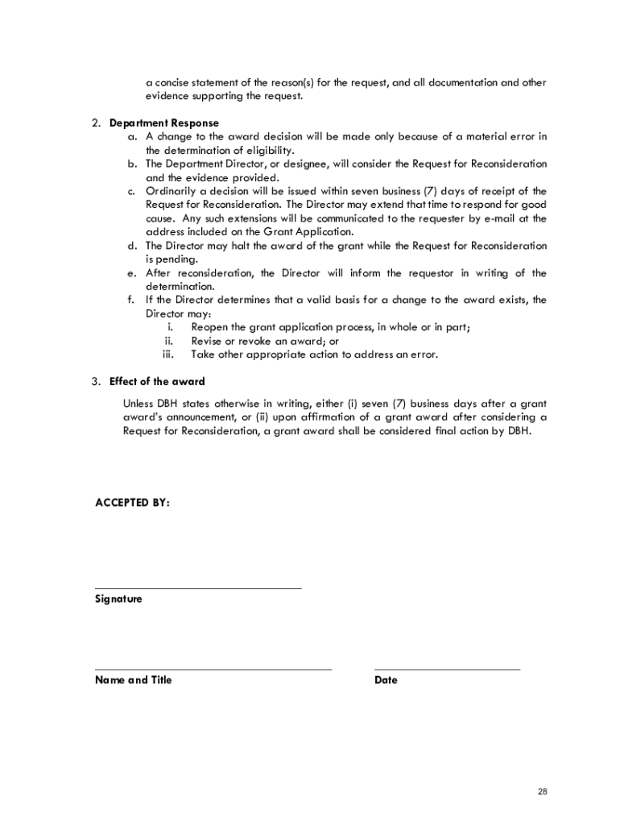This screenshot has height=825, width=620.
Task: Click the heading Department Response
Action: tap(163, 123)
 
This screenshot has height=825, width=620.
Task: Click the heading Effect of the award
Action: tap(157, 381)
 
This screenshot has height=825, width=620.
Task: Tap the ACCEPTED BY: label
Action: tap(132, 503)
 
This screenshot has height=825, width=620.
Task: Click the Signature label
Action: tap(118, 599)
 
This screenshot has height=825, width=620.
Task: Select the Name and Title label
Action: tap(133, 680)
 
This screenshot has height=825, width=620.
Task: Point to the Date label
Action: tap(386, 680)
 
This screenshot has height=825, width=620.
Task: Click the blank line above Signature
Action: tap(198, 588)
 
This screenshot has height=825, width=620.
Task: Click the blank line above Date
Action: tap(447, 669)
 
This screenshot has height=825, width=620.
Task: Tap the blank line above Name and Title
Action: tap(213, 669)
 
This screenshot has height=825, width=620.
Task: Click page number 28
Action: tap(543, 793)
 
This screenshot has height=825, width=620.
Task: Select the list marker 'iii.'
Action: tap(168, 354)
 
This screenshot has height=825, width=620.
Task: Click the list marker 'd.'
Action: tap(131, 246)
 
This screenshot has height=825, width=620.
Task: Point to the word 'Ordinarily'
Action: tap(171, 191)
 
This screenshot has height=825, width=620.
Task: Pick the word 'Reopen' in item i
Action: tap(209, 327)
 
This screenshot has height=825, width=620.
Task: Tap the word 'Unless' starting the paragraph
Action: tap(138, 404)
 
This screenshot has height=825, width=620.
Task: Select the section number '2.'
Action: tap(95, 123)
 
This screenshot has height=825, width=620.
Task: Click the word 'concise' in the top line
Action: tap(172, 83)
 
